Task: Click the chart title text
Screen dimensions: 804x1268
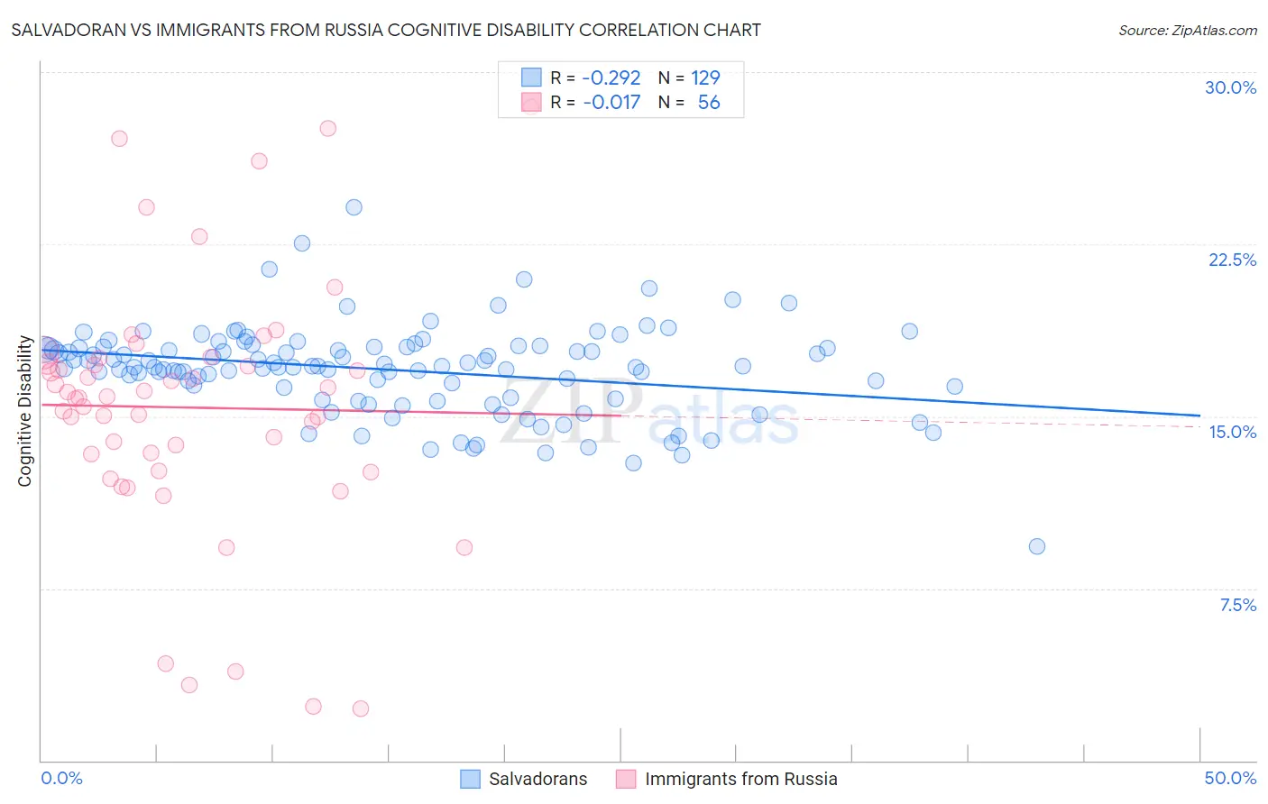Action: [386, 31]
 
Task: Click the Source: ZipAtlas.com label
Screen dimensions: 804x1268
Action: [1187, 31]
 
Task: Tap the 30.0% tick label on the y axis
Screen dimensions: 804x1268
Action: [1230, 87]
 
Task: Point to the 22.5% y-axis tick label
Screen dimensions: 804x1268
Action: [1232, 260]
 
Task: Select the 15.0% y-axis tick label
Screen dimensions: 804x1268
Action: [1232, 432]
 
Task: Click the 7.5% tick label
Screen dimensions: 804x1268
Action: [1237, 605]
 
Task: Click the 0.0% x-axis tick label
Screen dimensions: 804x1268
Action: [61, 778]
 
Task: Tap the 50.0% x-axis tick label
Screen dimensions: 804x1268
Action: [1230, 778]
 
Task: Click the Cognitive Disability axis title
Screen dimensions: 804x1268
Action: [25, 411]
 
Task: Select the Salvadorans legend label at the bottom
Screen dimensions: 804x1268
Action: [538, 779]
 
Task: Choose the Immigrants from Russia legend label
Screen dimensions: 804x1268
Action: [740, 779]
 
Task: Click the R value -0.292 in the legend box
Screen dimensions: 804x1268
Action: [611, 78]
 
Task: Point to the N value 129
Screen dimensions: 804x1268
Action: [705, 78]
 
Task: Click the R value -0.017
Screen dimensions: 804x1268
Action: [611, 103]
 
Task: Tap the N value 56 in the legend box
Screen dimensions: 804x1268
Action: [709, 103]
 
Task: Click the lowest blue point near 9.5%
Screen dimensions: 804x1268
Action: [1037, 546]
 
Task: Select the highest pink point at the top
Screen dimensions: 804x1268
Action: [328, 129]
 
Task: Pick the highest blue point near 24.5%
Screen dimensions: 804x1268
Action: [354, 207]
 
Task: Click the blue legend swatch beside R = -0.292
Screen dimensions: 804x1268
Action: [532, 78]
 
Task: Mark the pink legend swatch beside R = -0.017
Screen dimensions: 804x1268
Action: [532, 103]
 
